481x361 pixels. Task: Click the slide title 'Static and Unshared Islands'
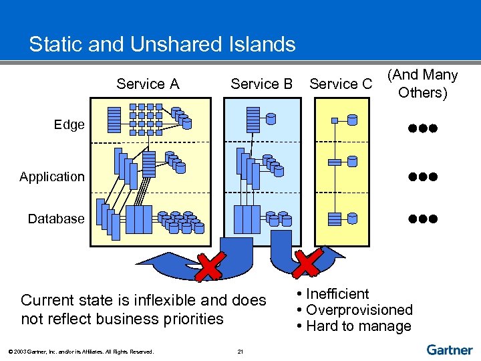[162, 45]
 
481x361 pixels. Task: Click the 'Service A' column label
[148, 84]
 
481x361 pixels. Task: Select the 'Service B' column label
[261, 84]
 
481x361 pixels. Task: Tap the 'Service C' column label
[341, 84]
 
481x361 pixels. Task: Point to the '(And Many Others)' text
[422, 84]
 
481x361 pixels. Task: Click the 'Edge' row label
[69, 124]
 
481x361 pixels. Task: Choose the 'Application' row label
[52, 177]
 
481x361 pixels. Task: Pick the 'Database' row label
[56, 219]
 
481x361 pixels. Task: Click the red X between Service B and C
[308, 263]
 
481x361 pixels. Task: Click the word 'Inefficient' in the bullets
[337, 294]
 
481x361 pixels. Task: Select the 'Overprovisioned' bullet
[359, 310]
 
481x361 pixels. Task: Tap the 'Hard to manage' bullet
[358, 326]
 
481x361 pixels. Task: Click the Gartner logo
[450, 350]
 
